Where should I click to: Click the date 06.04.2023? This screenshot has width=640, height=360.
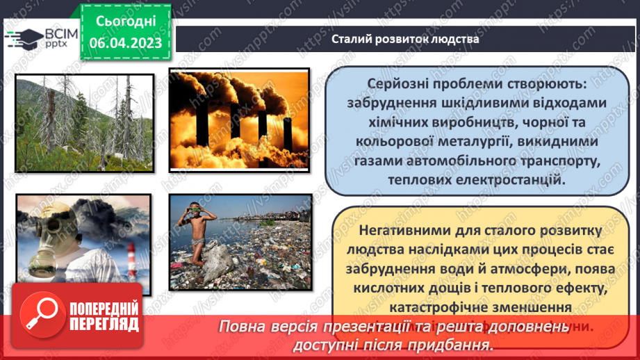(x=125, y=43)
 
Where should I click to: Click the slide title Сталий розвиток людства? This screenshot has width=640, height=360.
(x=405, y=39)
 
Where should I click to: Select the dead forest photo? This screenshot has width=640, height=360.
(x=84, y=122)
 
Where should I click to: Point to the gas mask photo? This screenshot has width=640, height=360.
(x=83, y=241)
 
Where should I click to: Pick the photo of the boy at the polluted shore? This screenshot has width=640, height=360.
(x=240, y=241)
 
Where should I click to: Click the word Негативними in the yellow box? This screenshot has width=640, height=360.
(x=411, y=230)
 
